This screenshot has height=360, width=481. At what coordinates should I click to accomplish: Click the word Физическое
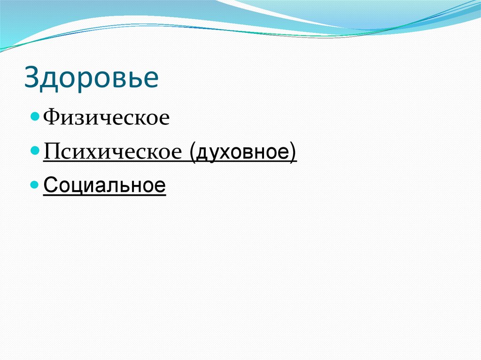tap(106, 117)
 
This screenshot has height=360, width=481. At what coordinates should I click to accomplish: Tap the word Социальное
tap(104, 185)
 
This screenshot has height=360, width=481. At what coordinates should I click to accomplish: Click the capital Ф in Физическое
tap(51, 117)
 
